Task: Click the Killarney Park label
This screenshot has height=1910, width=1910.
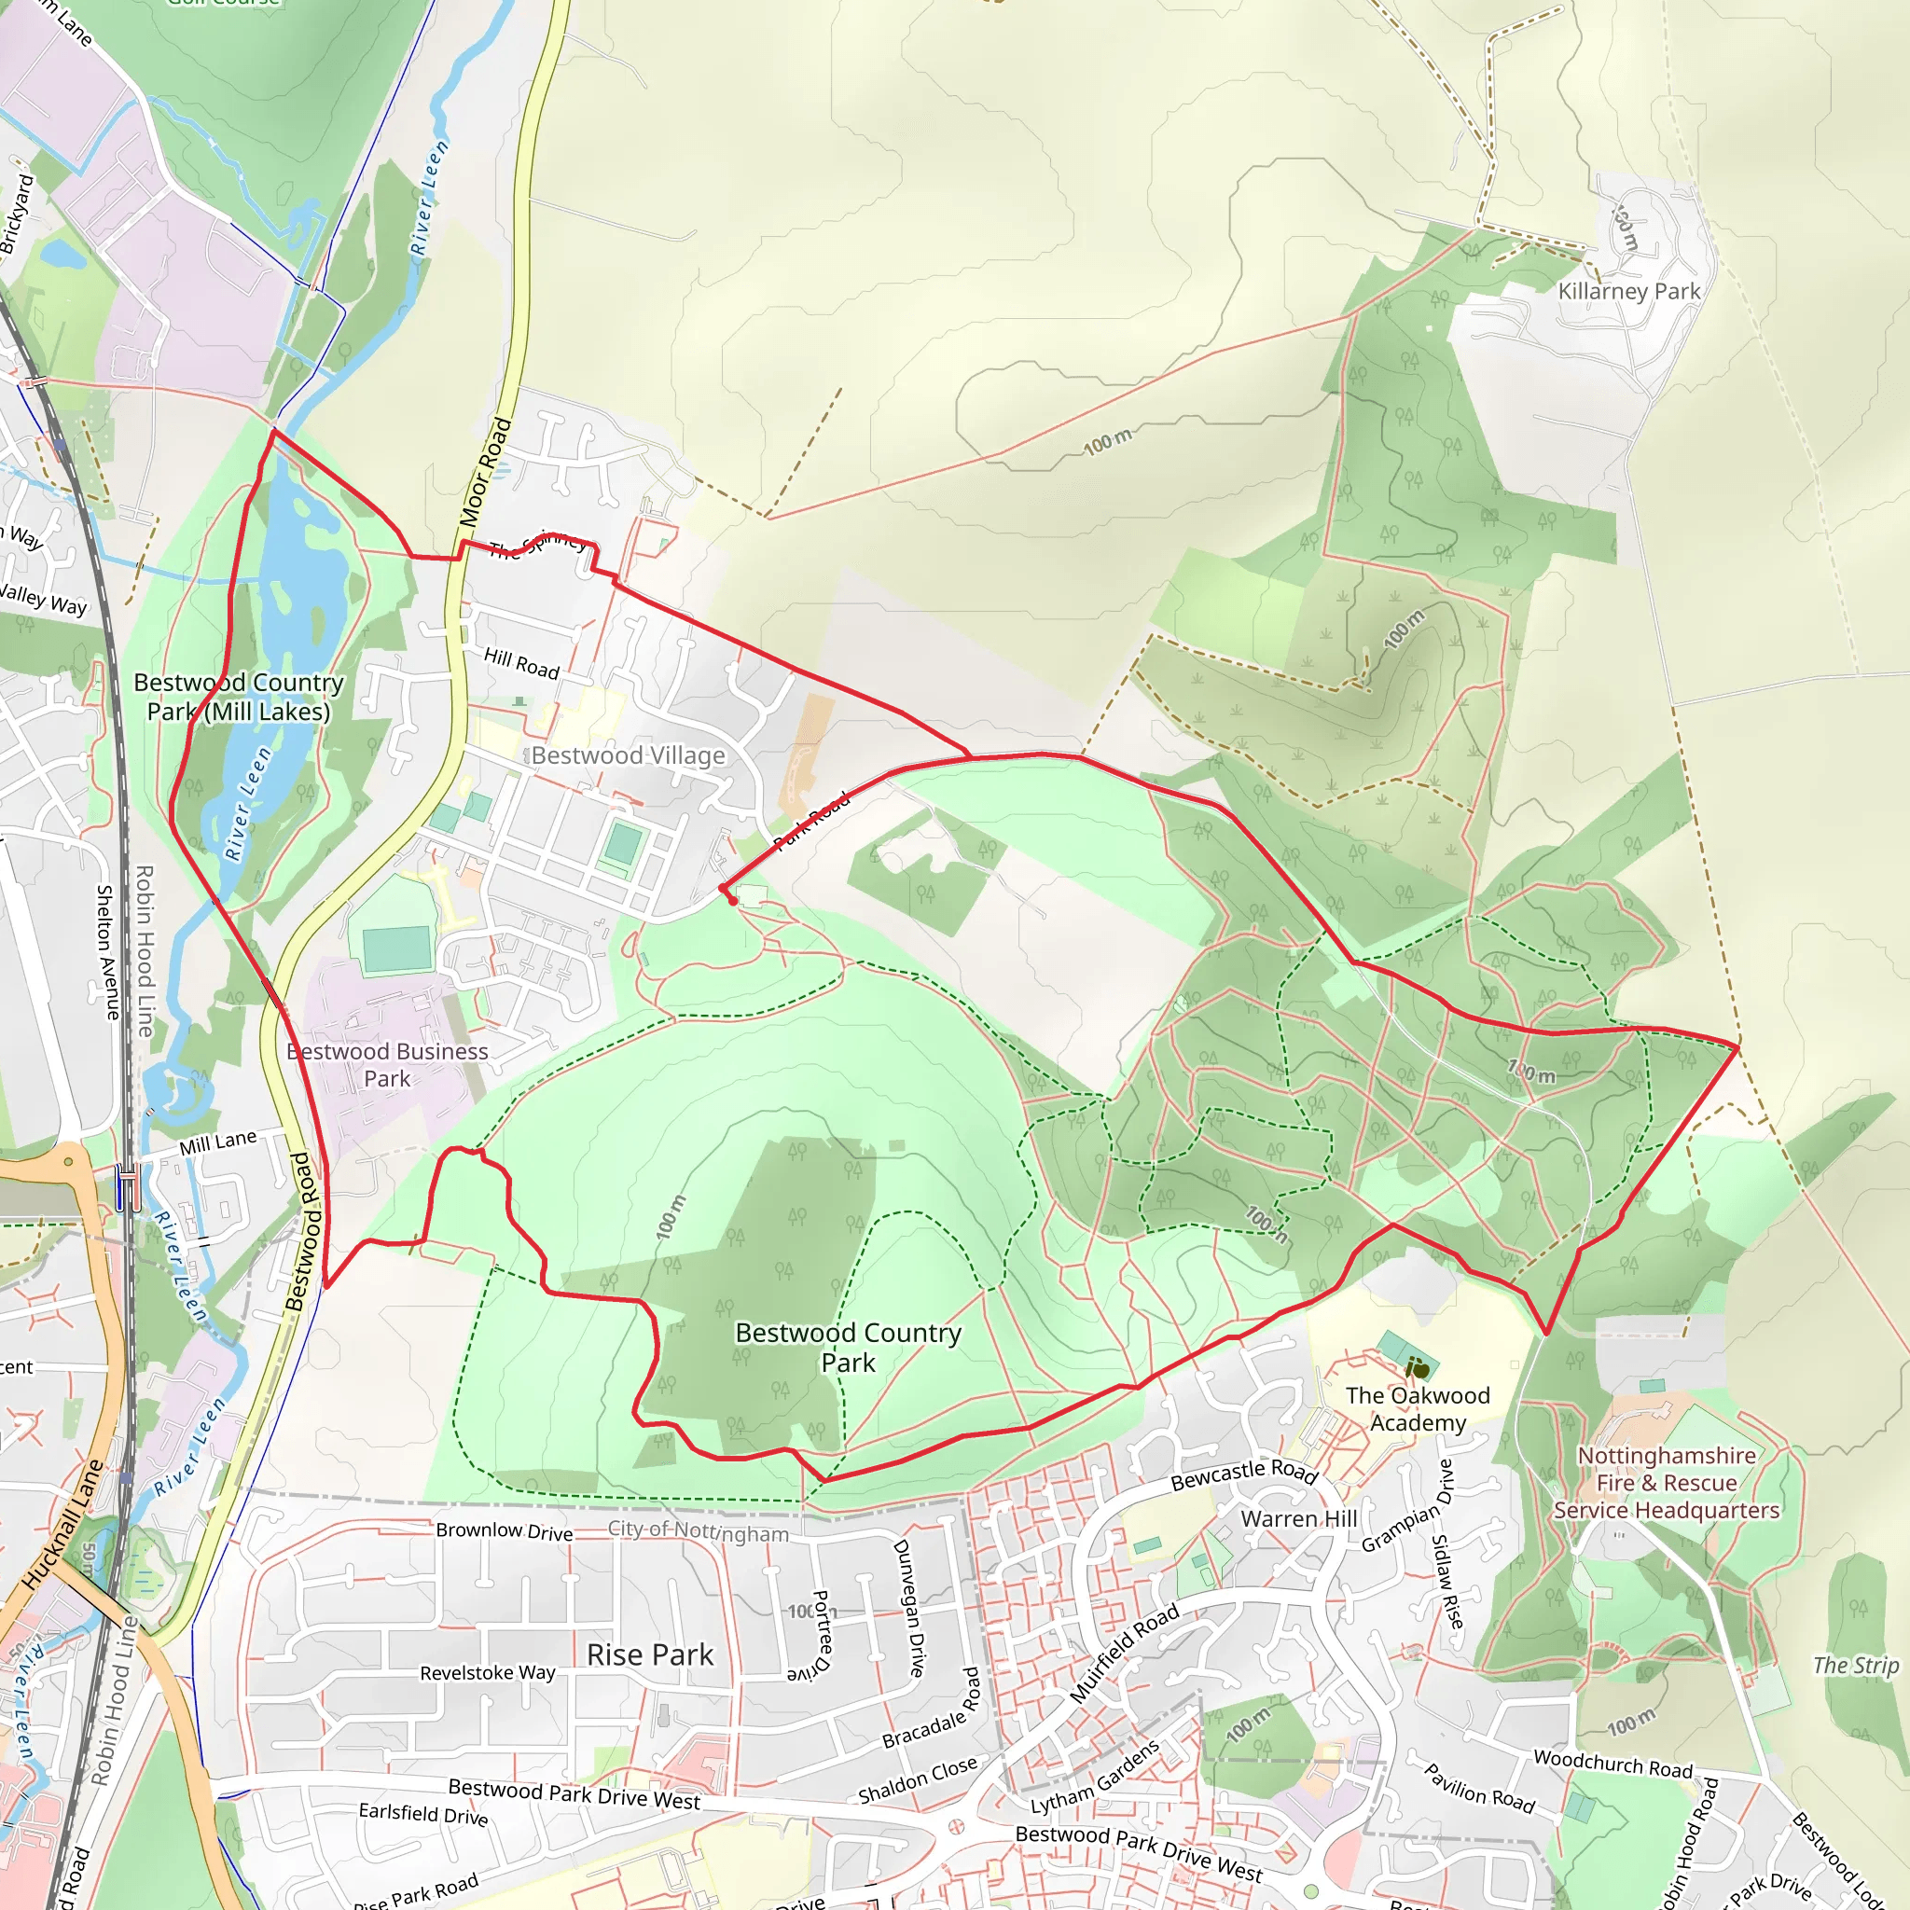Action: point(1628,291)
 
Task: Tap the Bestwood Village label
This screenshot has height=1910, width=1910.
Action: point(628,755)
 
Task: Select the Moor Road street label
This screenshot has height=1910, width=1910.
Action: point(485,472)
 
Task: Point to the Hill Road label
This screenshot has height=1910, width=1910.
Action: point(521,662)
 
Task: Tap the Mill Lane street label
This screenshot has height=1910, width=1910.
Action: point(217,1142)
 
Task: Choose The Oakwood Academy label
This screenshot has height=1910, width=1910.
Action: point(1417,1409)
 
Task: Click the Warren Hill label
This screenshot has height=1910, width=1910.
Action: point(1298,1518)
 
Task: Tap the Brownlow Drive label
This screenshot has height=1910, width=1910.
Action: point(505,1530)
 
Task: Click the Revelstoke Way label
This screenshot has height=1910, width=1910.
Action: point(488,1673)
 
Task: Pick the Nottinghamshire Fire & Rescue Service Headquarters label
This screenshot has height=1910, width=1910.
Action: point(1666,1483)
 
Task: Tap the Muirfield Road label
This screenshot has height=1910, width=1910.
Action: point(1124,1653)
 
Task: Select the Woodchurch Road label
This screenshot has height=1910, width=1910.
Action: point(1612,1764)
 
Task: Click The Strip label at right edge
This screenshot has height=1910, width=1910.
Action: point(1855,1665)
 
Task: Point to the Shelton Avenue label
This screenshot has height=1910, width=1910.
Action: point(105,952)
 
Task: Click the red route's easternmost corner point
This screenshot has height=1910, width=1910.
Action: point(1738,1044)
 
